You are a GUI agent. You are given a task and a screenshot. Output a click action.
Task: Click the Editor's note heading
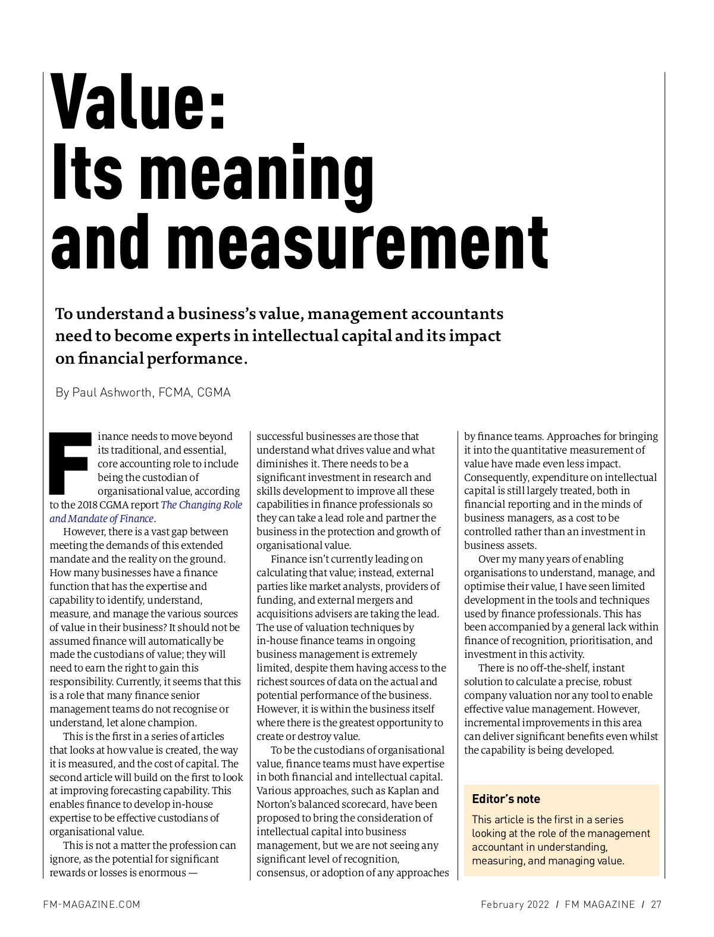coord(506,799)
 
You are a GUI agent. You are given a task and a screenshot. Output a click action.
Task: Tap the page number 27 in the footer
coord(656,904)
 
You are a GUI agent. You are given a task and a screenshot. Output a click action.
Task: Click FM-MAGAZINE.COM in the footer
coord(92,904)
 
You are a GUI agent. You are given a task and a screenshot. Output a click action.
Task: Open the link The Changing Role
coord(201,505)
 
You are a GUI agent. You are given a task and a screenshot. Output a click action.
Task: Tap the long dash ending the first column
coord(193,873)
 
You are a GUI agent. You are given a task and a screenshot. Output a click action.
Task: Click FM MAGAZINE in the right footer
coord(600,904)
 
